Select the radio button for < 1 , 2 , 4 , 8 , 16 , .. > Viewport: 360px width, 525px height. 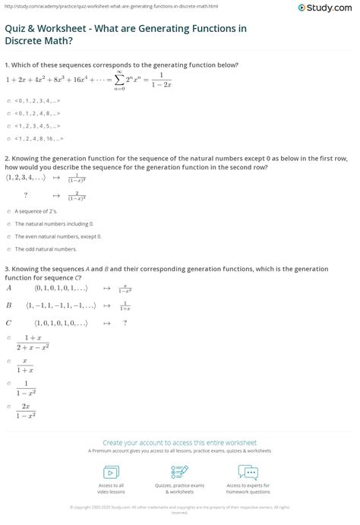[8, 140]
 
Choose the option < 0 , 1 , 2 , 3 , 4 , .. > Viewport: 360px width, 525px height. [8, 100]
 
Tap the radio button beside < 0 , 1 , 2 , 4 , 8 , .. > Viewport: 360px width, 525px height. [8, 113]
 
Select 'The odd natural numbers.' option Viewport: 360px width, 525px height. [8, 248]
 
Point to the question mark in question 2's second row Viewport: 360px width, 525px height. [26, 194]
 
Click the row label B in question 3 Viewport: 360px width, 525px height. [9, 305]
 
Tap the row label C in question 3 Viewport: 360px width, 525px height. [9, 322]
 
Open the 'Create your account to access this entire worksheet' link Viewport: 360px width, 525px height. [180, 442]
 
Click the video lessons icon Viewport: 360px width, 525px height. [111, 472]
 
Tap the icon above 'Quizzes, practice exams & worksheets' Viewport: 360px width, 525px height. [179, 472]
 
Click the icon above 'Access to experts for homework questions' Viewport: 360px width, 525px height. [248, 472]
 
